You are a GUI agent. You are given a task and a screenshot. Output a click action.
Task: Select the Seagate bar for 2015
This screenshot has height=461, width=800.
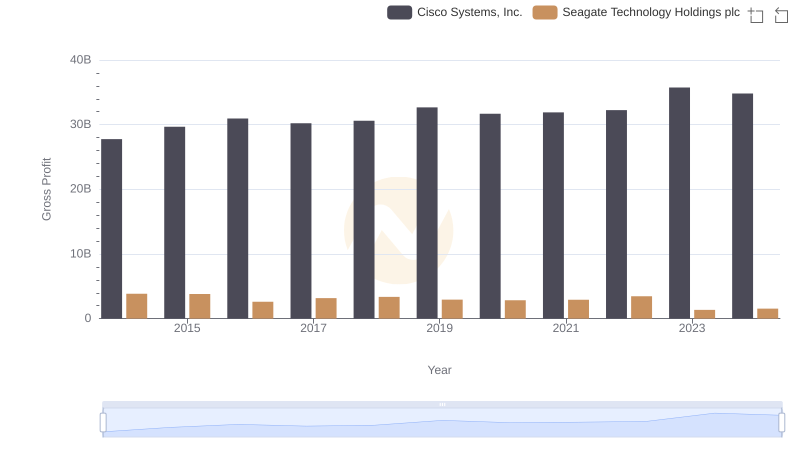(200, 306)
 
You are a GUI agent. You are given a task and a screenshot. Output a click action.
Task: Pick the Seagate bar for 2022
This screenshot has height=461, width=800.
(642, 307)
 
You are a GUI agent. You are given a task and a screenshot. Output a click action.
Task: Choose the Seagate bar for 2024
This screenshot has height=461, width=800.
(768, 313)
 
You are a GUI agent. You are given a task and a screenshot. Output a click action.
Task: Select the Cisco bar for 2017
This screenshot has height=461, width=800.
(301, 221)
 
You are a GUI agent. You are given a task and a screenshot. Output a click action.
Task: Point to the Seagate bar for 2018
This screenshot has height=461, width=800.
(389, 308)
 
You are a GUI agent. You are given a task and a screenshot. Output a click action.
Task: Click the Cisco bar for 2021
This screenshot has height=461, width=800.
(553, 215)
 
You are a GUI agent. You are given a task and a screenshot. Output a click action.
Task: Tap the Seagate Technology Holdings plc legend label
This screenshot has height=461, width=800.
(651, 12)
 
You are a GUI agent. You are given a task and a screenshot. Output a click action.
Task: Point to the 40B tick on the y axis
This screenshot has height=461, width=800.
(80, 60)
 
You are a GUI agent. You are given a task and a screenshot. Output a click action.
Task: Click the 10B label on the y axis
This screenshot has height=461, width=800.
(80, 254)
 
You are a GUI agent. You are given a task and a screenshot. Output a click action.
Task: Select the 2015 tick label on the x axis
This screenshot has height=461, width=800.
(187, 328)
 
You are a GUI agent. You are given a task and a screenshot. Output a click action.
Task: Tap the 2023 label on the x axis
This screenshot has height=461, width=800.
(692, 328)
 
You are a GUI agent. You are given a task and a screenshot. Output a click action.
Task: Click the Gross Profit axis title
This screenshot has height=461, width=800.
(46, 189)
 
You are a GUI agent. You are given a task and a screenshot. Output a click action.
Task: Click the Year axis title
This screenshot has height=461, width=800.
(440, 370)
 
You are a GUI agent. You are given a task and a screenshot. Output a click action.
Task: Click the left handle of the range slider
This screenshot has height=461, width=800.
(103, 422)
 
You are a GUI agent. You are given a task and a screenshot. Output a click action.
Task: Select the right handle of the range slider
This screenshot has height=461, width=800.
(781, 422)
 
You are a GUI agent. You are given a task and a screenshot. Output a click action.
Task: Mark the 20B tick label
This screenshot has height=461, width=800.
(80, 189)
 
